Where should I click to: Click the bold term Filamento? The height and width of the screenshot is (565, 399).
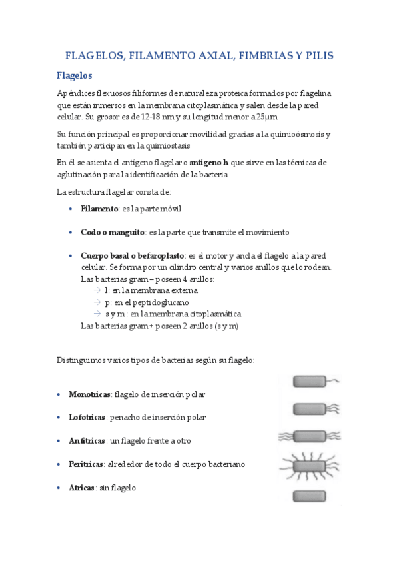tap(99, 209)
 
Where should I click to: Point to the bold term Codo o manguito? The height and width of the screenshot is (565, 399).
tap(113, 232)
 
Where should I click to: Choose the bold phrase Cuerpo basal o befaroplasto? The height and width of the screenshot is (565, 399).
tap(133, 255)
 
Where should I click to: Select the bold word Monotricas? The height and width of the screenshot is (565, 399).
tap(89, 394)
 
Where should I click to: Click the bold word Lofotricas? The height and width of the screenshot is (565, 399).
tap(87, 417)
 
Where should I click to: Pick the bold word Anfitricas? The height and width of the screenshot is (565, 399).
tap(87, 440)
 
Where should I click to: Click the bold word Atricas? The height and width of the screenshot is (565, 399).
tap(81, 488)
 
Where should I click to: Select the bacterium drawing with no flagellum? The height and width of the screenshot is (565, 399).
tap(310, 496)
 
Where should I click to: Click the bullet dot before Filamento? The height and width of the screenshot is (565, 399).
tap(72, 209)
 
